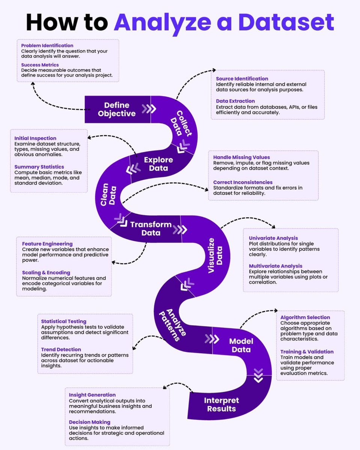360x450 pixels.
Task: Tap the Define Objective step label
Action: [117, 109]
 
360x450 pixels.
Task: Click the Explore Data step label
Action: [158, 164]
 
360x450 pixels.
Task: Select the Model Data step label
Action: [241, 345]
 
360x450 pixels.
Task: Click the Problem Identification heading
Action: [47, 45]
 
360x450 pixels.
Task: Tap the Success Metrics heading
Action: [40, 65]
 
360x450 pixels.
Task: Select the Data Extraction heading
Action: [235, 101]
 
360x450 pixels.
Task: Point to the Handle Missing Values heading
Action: [241, 157]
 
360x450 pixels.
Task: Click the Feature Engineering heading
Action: [47, 244]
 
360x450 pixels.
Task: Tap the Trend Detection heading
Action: [61, 349]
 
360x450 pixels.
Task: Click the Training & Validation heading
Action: [307, 352]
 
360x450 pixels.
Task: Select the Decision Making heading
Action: [90, 422]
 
